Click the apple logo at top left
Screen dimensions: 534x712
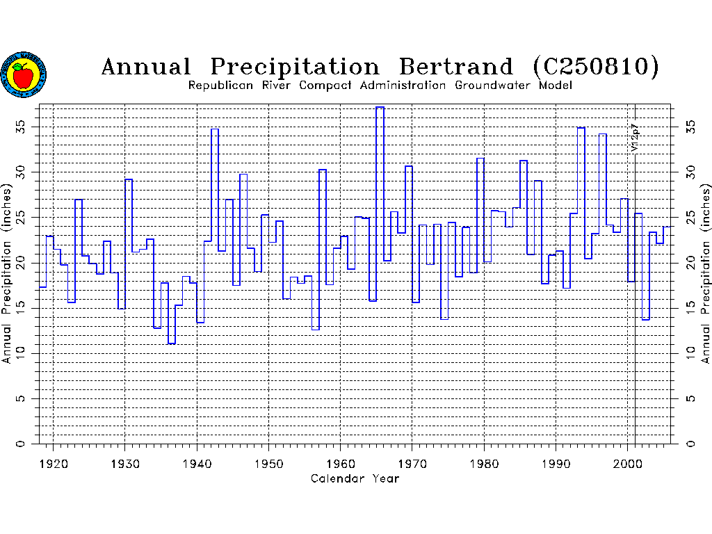(24, 74)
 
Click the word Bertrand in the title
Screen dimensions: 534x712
(456, 67)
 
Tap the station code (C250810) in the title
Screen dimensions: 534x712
(596, 67)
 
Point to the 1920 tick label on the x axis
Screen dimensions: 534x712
(53, 462)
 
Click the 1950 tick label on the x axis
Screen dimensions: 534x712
(268, 462)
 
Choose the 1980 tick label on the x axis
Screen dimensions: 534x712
(484, 462)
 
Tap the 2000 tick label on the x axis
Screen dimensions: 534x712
(627, 462)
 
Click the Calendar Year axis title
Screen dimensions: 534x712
(355, 478)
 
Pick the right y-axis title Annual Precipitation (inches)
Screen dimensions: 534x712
(706, 273)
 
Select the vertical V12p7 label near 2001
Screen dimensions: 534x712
(635, 138)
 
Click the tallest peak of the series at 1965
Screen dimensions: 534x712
(380, 108)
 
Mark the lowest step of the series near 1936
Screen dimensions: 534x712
(171, 343)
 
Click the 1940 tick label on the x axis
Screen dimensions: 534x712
(196, 462)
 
